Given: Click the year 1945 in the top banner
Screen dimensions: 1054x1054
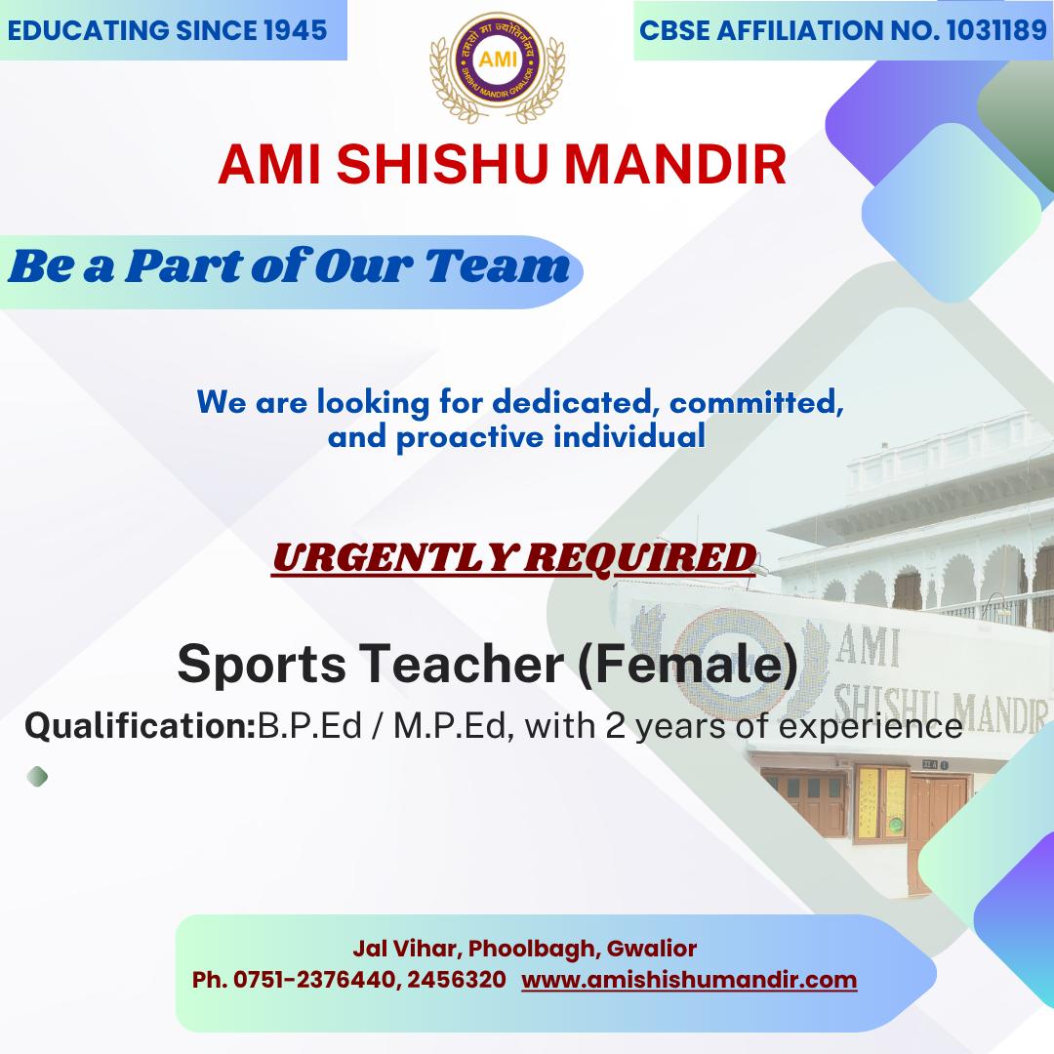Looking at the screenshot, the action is [x=295, y=30].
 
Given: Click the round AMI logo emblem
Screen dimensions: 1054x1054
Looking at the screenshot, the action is [x=498, y=61].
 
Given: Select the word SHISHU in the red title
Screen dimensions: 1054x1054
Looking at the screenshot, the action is [x=442, y=164].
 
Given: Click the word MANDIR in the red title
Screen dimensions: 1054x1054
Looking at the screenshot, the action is [x=675, y=164].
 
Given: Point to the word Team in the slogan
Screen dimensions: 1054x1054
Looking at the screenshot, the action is [x=498, y=266].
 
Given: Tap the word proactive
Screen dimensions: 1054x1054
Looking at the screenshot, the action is [x=469, y=437].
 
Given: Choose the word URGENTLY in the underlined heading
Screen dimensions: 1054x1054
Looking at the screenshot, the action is [x=393, y=557].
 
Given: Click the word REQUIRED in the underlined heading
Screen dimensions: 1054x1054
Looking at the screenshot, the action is [x=639, y=557].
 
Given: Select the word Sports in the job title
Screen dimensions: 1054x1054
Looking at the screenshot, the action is [x=262, y=665].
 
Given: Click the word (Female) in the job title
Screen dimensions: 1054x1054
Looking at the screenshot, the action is [x=688, y=665].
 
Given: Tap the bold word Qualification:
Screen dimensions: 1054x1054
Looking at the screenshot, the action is [x=141, y=726].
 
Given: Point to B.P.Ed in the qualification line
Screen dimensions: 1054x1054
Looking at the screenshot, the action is [x=310, y=726].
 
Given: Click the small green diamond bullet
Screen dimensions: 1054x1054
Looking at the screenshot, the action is [x=38, y=777].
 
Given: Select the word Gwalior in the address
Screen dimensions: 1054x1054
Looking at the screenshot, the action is [x=651, y=948].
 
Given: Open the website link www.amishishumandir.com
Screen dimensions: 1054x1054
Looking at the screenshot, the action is [x=689, y=980].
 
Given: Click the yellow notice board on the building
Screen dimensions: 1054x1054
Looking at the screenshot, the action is [x=881, y=803].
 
